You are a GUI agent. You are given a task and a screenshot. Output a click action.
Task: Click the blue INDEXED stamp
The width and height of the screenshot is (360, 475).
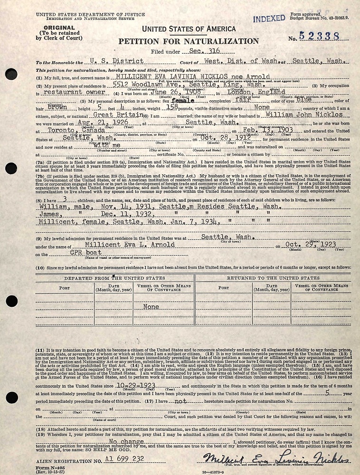pos(269,19)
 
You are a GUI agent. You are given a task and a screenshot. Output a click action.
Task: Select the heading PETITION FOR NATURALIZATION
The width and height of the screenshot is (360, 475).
pos(189,41)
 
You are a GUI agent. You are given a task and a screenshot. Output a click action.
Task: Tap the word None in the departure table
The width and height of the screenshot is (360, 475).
pos(151,307)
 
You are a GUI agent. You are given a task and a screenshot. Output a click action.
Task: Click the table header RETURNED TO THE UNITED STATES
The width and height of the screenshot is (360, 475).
pos(273,278)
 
